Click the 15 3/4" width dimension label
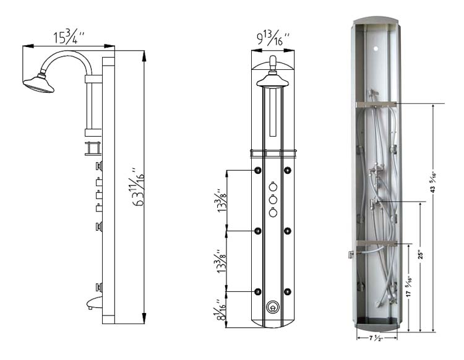[69, 37]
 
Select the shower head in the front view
[270, 81]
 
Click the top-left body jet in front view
[257, 171]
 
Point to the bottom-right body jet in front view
[286, 291]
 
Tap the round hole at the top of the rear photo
[377, 47]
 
